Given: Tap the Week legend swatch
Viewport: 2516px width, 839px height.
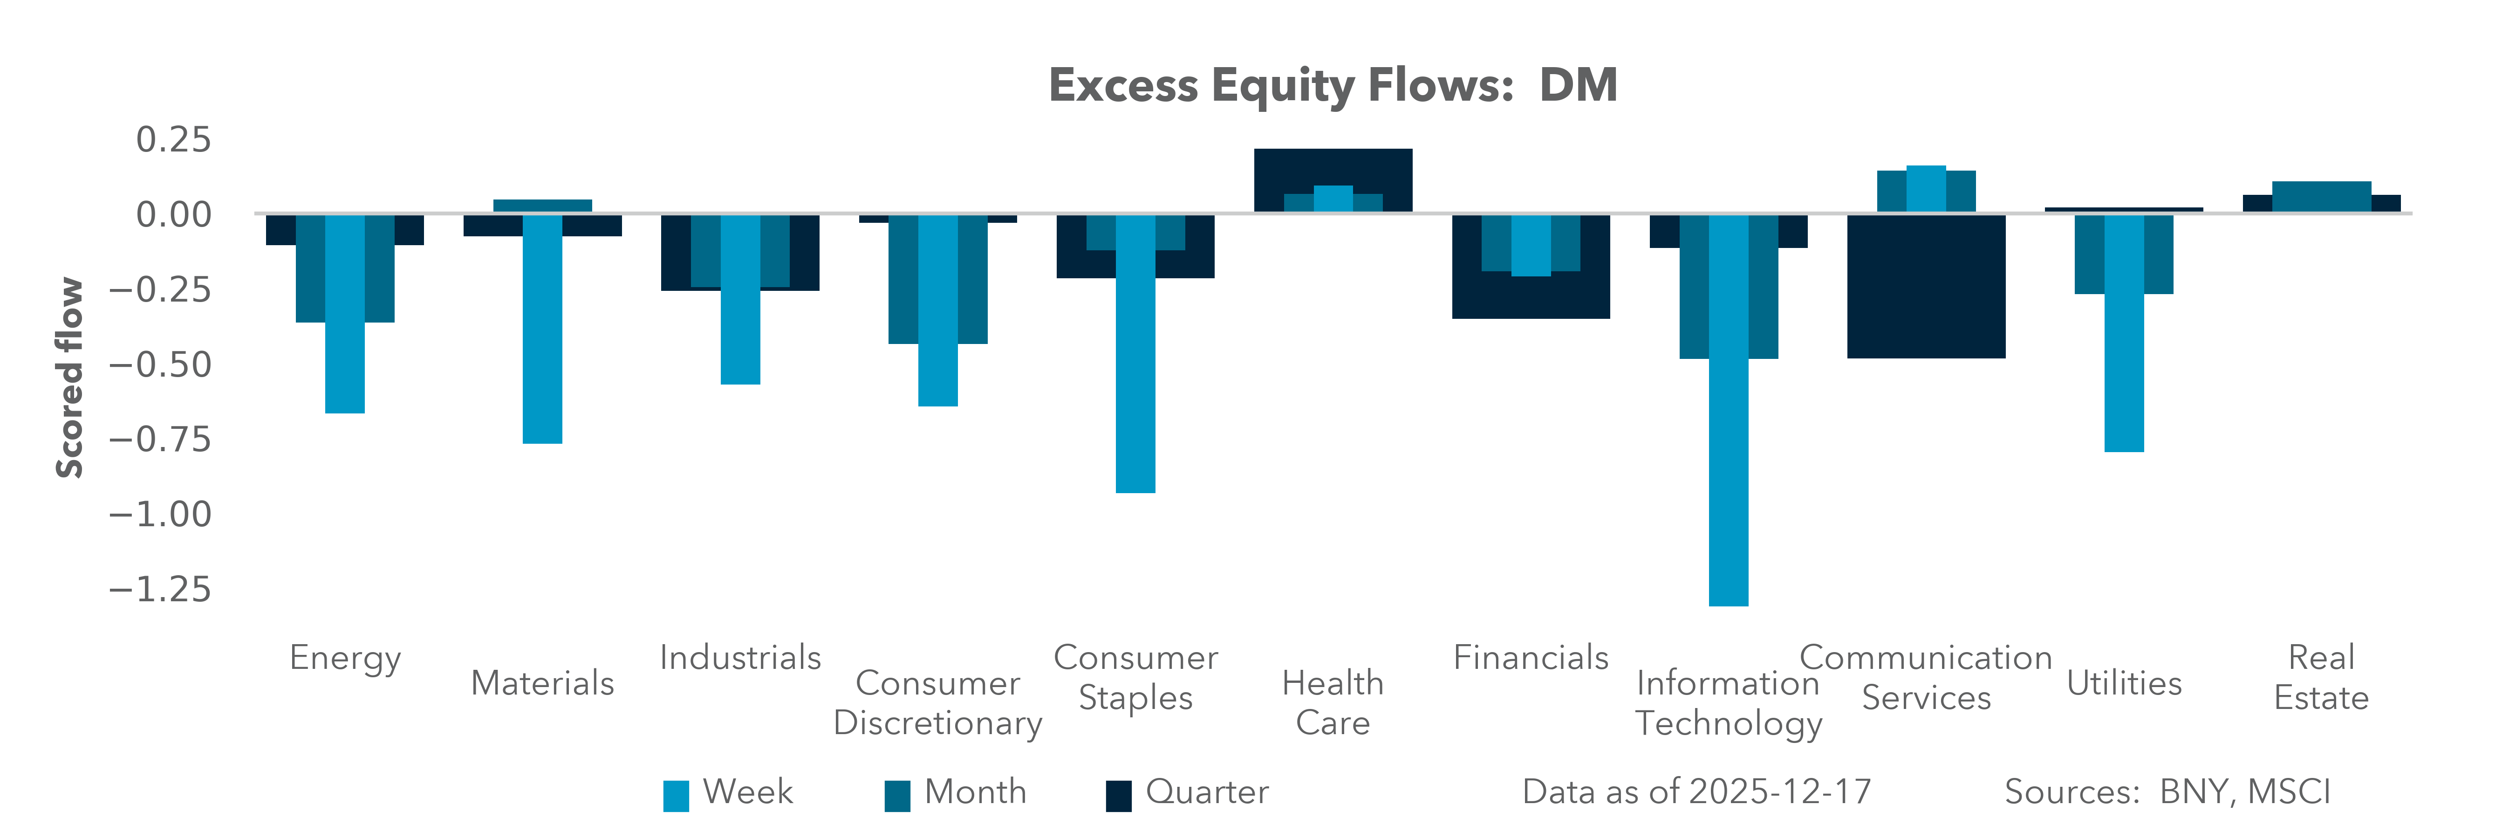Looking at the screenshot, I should click(x=676, y=795).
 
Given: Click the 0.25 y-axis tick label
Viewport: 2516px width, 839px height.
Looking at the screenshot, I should click(x=173, y=140).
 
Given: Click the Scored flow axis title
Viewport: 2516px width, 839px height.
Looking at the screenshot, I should click(x=69, y=378).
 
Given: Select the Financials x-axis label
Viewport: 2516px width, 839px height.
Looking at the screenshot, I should click(x=1531, y=657).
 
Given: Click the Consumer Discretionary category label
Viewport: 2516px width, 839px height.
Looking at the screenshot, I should click(x=937, y=703).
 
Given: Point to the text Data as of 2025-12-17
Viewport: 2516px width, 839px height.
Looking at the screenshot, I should click(x=1696, y=792).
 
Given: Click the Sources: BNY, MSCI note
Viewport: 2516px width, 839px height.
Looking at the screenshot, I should click(x=2167, y=792).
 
